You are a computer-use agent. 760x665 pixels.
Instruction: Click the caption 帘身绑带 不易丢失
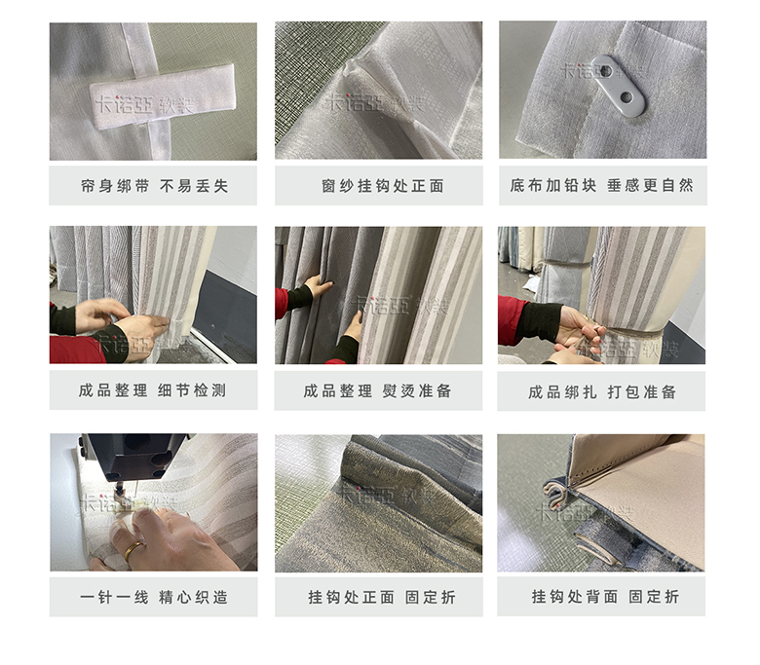pyautogui.click(x=154, y=186)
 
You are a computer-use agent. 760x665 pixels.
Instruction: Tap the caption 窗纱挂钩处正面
pyautogui.click(x=383, y=186)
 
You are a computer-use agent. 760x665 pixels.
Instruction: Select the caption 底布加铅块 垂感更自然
pyautogui.click(x=601, y=186)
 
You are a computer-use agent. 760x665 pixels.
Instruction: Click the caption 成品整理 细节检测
pyautogui.click(x=153, y=390)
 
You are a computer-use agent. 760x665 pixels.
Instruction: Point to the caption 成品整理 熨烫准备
pyautogui.click(x=378, y=390)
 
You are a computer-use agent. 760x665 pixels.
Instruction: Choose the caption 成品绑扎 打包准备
pyautogui.click(x=602, y=391)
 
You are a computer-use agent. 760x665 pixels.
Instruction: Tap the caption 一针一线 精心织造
pyautogui.click(x=154, y=597)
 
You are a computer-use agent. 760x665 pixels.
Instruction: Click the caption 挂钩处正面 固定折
pyautogui.click(x=382, y=597)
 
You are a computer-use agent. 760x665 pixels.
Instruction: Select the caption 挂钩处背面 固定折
pyautogui.click(x=605, y=597)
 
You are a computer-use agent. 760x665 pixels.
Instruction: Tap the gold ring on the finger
pyautogui.click(x=133, y=549)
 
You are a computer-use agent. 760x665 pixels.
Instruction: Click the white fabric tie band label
pyautogui.click(x=163, y=96)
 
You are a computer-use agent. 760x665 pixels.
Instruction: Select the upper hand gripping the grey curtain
pyautogui.click(x=318, y=284)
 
